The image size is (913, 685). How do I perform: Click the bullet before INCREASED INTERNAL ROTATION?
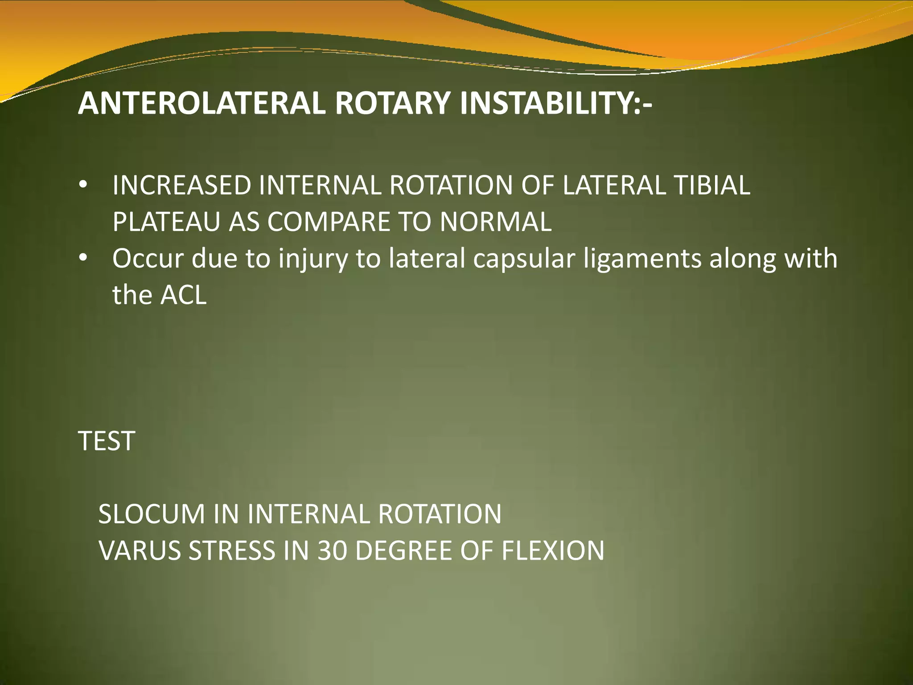(x=83, y=186)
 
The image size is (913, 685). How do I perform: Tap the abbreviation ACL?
(x=183, y=295)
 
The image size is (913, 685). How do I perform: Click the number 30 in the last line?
(x=332, y=551)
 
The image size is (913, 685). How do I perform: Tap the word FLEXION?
(x=553, y=551)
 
